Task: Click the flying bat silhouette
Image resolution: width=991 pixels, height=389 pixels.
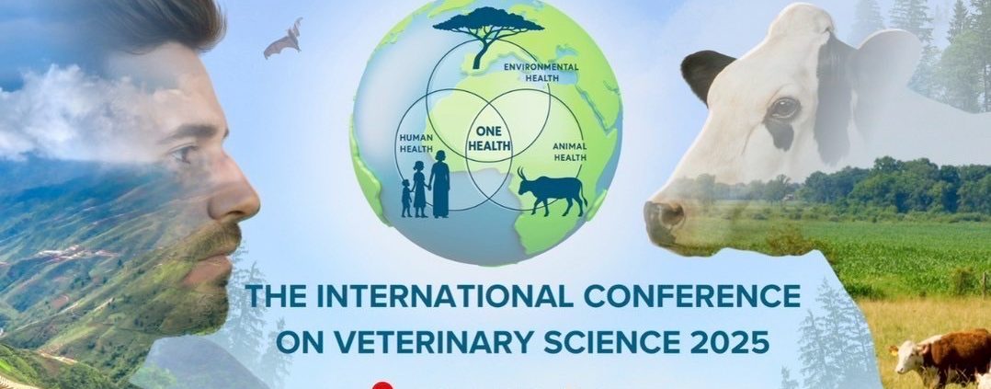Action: pyautogui.click(x=284, y=40)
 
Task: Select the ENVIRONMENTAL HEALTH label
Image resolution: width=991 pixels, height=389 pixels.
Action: pyautogui.click(x=541, y=72)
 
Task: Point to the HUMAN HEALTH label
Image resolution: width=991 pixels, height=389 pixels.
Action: pyautogui.click(x=415, y=143)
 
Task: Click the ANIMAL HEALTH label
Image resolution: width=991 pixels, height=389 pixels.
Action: pyautogui.click(x=569, y=152)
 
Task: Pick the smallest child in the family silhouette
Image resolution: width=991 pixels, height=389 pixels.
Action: pyautogui.click(x=405, y=198)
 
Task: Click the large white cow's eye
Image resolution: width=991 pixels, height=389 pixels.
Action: pyautogui.click(x=783, y=109)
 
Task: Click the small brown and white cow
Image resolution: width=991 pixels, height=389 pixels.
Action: pyautogui.click(x=941, y=358)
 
